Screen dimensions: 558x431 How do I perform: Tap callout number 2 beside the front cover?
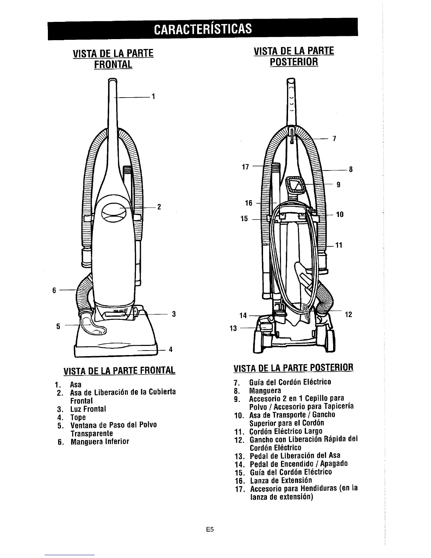(159, 207)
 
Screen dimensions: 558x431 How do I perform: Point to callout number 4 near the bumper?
(170, 349)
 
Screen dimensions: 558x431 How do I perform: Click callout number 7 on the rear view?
(335, 139)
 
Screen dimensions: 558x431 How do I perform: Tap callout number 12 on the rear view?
(349, 314)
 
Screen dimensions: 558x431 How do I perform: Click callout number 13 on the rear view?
(232, 328)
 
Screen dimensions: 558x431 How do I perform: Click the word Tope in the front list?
(78, 417)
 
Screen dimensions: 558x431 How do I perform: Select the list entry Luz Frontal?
(88, 409)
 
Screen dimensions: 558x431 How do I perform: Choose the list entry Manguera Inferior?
(100, 441)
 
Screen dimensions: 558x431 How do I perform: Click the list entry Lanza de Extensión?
(281, 480)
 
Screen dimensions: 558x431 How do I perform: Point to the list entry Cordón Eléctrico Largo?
(286, 431)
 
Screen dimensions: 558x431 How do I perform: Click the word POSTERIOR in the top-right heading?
(294, 62)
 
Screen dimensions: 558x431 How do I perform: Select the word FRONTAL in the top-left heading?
(113, 64)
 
